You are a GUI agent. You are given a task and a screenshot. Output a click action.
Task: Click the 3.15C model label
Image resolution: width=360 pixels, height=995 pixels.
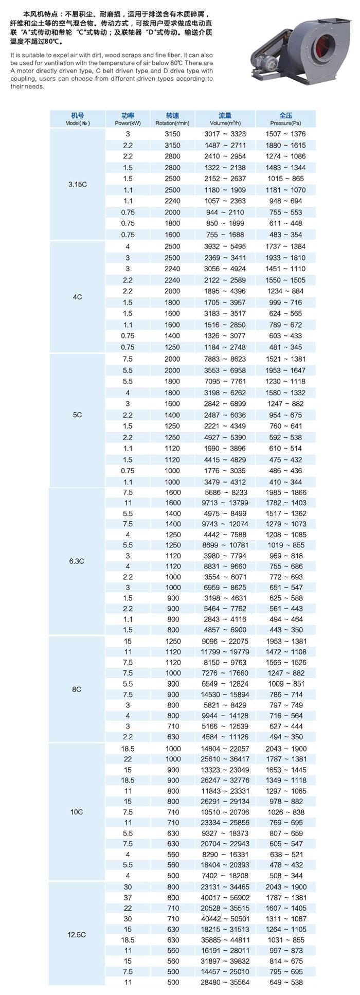(x=77, y=184)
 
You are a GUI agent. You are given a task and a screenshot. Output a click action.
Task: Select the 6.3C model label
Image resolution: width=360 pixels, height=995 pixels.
(x=77, y=561)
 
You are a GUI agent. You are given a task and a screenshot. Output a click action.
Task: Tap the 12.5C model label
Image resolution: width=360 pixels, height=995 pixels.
(x=77, y=935)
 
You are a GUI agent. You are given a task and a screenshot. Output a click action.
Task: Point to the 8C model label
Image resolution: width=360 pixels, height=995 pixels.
(x=77, y=689)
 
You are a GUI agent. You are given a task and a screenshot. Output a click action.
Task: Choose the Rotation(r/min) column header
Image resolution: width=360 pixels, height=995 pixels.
(x=172, y=119)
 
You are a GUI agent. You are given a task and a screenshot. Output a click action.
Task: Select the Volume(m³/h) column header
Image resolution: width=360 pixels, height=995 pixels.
(x=225, y=119)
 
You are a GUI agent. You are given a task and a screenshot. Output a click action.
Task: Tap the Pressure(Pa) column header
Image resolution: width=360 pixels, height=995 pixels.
(x=285, y=119)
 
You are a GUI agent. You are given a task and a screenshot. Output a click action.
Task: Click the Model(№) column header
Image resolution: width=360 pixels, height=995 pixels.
(x=77, y=119)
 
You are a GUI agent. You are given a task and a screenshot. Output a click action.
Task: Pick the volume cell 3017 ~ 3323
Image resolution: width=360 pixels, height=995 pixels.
(x=225, y=134)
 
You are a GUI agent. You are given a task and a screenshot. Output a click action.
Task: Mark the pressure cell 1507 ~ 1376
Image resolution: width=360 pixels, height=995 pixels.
(x=285, y=134)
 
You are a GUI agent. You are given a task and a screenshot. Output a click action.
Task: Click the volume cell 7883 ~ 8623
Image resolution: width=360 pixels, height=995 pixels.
(x=225, y=359)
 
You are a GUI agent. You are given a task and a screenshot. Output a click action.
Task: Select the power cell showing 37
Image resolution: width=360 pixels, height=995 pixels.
(x=128, y=897)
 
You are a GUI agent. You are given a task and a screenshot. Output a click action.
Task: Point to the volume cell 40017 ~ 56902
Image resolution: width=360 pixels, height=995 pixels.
(x=225, y=897)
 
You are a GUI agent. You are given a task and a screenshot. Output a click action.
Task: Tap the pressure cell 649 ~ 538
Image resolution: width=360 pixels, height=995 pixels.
(x=285, y=982)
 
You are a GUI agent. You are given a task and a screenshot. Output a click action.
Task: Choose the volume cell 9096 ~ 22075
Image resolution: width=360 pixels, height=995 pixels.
(x=225, y=641)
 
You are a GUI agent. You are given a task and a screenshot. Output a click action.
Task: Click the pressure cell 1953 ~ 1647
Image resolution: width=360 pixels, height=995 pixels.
(x=285, y=370)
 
